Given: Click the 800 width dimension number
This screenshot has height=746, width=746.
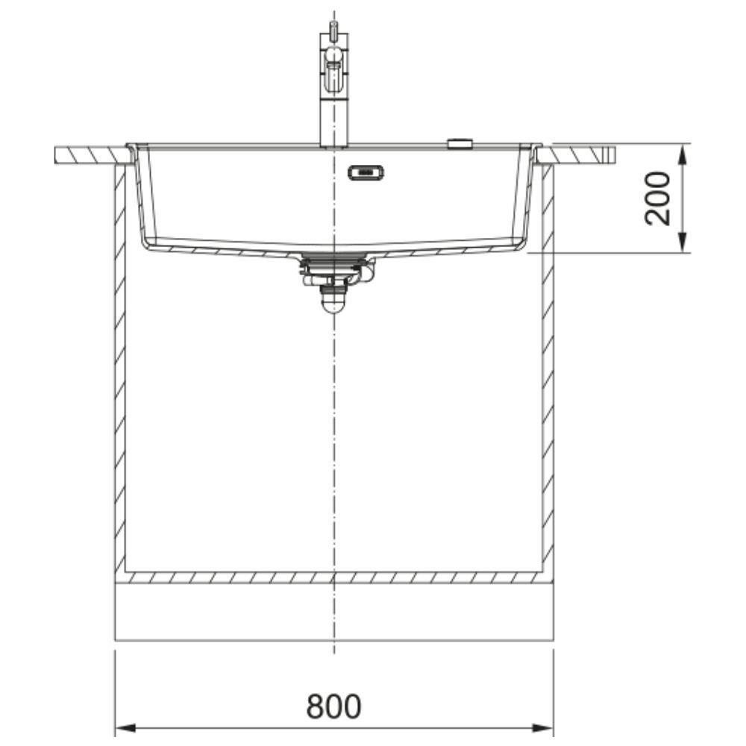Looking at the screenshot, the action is point(333,706).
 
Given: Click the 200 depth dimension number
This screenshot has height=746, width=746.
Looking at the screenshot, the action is point(656,198).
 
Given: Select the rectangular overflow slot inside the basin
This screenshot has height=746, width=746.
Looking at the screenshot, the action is point(366,173).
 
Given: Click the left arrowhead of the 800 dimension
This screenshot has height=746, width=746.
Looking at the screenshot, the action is point(125,728).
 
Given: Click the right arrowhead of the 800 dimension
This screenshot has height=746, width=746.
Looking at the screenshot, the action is point(543,728).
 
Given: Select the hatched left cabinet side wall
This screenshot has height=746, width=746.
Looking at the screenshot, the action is point(120,369).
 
